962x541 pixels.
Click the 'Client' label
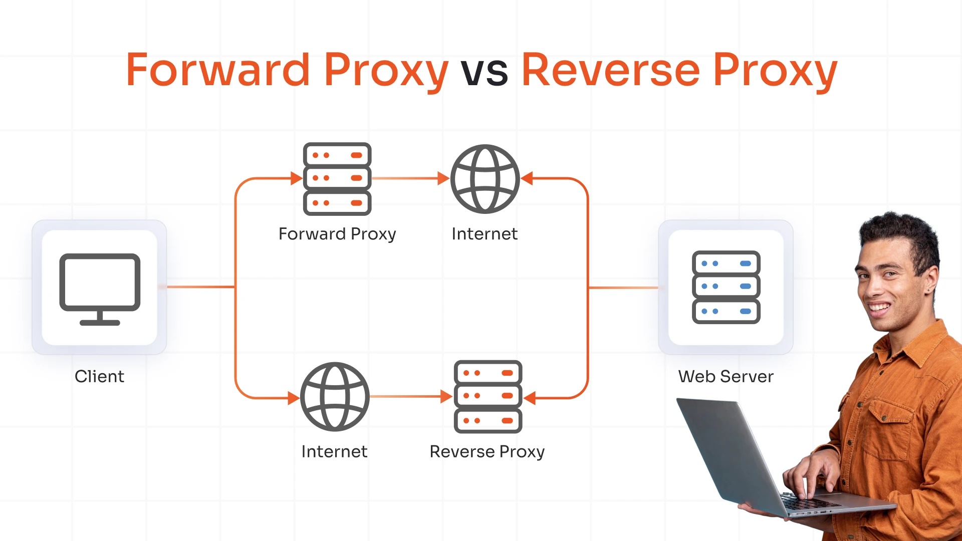click(99, 376)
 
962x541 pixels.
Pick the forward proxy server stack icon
click(337, 179)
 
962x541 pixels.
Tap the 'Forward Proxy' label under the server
click(337, 234)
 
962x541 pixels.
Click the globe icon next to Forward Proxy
click(485, 179)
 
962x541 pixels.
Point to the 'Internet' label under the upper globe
click(485, 234)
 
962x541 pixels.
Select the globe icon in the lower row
click(335, 397)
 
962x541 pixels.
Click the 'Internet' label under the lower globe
click(334, 451)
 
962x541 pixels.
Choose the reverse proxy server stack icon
click(488, 397)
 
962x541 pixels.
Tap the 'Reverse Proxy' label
click(487, 451)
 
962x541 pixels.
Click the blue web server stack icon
click(726, 287)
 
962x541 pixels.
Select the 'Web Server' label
click(726, 376)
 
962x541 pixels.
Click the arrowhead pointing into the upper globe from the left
click(443, 178)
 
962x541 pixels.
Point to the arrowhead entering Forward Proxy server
click(296, 178)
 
